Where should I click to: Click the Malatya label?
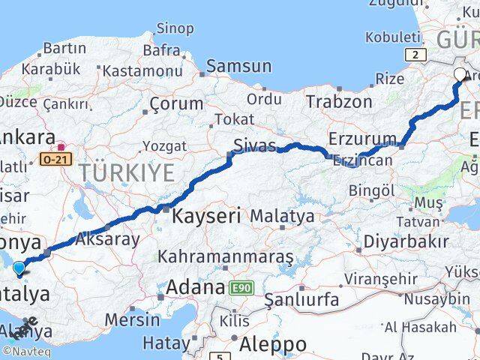(x=282, y=216)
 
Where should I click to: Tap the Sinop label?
(x=174, y=28)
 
